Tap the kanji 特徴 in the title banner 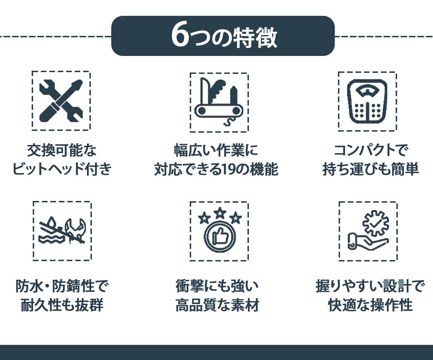255,37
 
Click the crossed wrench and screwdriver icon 61,101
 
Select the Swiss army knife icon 219,102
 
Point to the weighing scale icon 367,101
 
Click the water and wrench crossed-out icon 62,230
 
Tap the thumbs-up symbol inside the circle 220,236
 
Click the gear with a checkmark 376,223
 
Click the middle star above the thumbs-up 220,213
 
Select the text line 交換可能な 62,150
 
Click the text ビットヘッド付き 62,169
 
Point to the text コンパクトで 371,150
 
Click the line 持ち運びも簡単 371,169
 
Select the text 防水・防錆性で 62,286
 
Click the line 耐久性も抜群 62,305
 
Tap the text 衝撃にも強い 217,286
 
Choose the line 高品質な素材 217,305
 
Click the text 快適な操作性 370,305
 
